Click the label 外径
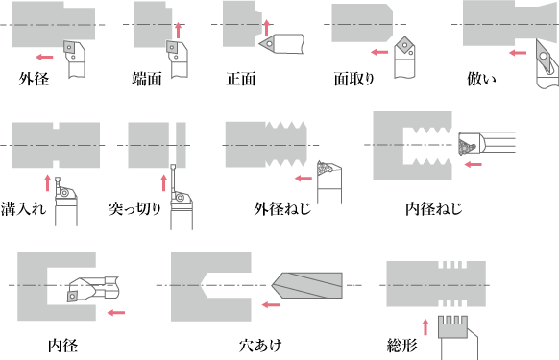(34, 79)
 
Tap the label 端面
(147, 79)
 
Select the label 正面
(241, 79)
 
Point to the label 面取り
(354, 79)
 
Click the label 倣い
(481, 79)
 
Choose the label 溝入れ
(23, 209)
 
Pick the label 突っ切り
(135, 209)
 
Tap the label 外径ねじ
(282, 209)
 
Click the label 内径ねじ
(434, 209)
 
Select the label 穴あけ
(260, 345)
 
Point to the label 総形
(401, 345)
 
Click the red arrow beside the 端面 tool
(179, 31)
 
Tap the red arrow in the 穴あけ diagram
(271, 304)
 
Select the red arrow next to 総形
(425, 327)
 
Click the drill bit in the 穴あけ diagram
(307, 285)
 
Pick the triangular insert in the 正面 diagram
(267, 43)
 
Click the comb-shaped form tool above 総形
(452, 326)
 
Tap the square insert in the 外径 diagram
(69, 47)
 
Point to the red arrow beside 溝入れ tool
(47, 182)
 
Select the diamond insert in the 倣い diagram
(544, 56)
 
